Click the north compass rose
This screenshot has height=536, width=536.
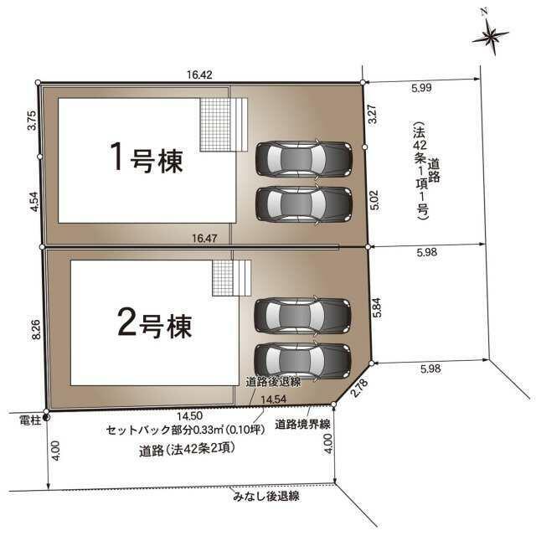[x=490, y=34]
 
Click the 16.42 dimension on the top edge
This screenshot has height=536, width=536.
[x=199, y=75]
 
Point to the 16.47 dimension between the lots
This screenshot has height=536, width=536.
[x=204, y=238]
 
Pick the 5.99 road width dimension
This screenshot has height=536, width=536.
[x=421, y=88]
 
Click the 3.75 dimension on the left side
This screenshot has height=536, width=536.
[x=32, y=120]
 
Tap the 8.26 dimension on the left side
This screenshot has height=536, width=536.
[x=36, y=329]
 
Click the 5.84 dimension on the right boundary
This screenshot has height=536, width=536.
[x=377, y=308]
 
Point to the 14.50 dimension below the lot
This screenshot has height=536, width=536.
[x=190, y=415]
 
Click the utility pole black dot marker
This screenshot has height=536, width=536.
[x=46, y=417]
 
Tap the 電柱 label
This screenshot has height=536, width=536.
[x=30, y=420]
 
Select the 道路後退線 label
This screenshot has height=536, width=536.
[x=273, y=382]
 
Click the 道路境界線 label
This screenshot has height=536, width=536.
[x=302, y=425]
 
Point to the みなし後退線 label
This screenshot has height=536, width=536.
[x=266, y=496]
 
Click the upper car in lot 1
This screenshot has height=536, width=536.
[x=304, y=158]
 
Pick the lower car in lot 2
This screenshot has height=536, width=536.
[x=303, y=361]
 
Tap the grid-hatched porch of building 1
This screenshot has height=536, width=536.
[x=215, y=125]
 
